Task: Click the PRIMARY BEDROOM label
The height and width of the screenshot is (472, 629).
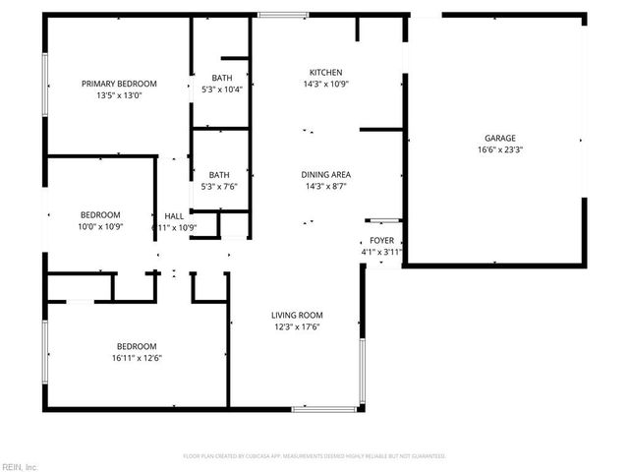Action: [x=119, y=84]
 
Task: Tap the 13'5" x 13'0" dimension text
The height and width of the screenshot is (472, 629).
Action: [x=119, y=95]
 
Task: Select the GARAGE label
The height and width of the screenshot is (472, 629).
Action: [x=499, y=139]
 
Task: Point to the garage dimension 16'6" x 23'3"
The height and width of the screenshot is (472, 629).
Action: [x=499, y=150]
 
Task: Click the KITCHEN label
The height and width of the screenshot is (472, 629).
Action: [x=326, y=73]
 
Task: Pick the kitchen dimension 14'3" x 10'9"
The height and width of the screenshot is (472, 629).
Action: [x=326, y=85]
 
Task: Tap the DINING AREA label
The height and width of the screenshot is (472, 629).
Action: [x=326, y=175]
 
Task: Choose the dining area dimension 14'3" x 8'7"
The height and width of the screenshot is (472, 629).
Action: [x=326, y=187]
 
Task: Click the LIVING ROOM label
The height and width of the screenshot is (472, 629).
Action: [x=297, y=316]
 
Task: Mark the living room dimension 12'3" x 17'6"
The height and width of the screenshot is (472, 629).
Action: [x=297, y=327]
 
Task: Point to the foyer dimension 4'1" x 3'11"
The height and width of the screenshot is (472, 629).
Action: [x=381, y=252]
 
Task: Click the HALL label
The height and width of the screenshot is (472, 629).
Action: [x=174, y=216]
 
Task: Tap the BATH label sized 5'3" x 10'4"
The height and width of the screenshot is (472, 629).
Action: [x=221, y=78]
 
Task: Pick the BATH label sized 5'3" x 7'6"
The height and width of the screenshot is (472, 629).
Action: [x=218, y=175]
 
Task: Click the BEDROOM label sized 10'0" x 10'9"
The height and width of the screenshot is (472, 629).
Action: [x=100, y=215]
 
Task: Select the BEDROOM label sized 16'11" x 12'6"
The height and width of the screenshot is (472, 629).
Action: [x=137, y=346]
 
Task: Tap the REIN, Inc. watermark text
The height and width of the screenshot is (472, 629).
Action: [x=19, y=466]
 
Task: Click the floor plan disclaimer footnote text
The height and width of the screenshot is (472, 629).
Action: [x=314, y=456]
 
